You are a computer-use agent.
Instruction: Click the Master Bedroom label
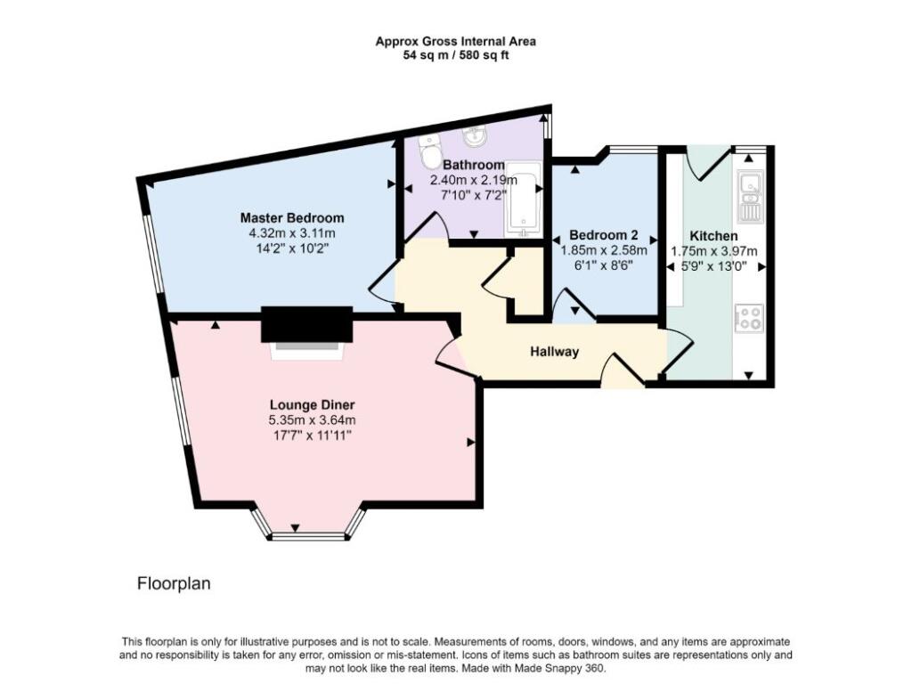292,218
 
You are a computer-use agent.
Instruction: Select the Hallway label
555,352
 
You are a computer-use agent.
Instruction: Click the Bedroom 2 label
604,236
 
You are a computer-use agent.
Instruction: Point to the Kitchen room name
713,236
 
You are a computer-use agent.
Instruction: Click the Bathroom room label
475,165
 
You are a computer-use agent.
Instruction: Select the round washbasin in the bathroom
474,139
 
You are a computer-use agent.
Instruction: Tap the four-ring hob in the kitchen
748,318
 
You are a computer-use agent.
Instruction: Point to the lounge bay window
307,535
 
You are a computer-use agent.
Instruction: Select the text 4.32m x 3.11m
292,233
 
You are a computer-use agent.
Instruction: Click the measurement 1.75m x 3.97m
713,251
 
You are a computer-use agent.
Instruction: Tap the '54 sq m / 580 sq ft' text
455,55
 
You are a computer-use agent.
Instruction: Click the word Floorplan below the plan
173,584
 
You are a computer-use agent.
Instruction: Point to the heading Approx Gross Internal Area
455,41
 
